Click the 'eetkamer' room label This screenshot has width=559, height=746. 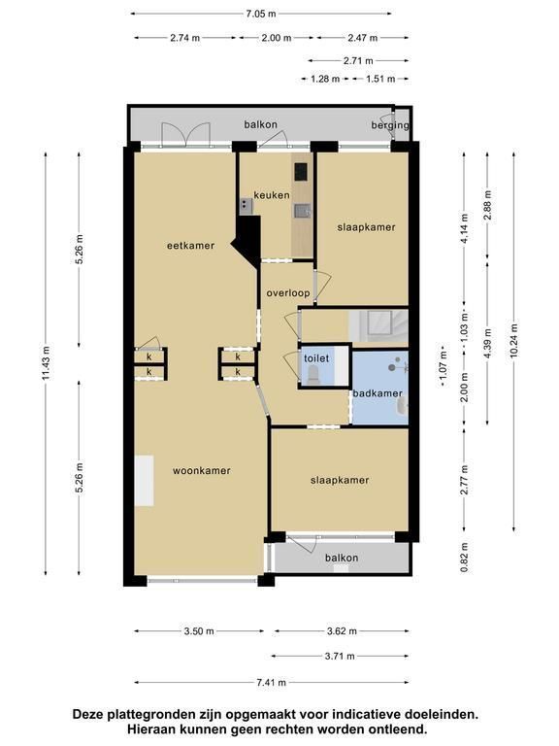(190, 246)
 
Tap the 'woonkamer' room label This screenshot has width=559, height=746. (202, 470)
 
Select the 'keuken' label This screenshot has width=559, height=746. (272, 195)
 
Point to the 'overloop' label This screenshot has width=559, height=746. (288, 293)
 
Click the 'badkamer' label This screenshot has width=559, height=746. (378, 393)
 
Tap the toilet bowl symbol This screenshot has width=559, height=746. (313, 375)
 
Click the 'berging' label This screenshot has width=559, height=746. (390, 125)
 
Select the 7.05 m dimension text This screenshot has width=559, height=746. (260, 14)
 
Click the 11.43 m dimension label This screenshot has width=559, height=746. (46, 363)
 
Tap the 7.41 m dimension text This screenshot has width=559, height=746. (272, 683)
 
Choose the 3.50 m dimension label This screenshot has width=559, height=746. (199, 631)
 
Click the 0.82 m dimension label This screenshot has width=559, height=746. (465, 558)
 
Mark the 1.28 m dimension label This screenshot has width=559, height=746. (325, 79)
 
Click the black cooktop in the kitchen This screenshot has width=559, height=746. (301, 172)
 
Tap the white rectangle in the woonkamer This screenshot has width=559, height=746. (144, 481)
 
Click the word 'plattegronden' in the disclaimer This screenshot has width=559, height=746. (151, 714)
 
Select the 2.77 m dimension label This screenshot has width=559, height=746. (465, 480)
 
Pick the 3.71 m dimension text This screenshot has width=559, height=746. (340, 657)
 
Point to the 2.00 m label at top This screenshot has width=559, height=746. (277, 38)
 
